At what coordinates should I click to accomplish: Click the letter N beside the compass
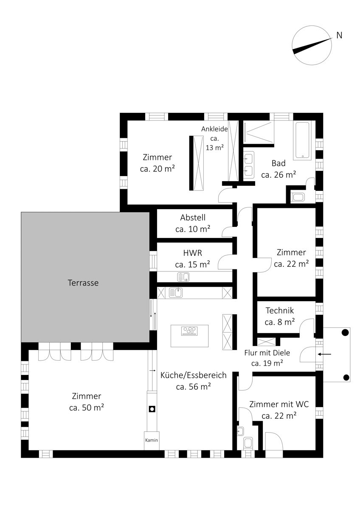[x=339, y=35]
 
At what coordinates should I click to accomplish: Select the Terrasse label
[x=83, y=283]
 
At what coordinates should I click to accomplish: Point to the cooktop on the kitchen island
[x=189, y=331]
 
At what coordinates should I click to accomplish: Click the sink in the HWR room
[x=183, y=277]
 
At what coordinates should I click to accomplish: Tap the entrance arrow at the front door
[x=324, y=354]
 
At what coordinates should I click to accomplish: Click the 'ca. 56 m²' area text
[x=194, y=386]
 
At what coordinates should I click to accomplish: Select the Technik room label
[x=280, y=310]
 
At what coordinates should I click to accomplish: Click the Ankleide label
[x=214, y=129]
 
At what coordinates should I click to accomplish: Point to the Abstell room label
[x=193, y=218]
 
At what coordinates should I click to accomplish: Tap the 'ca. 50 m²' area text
[x=87, y=408]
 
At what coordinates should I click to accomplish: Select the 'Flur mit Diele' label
[x=267, y=352]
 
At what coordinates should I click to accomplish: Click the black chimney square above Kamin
[x=152, y=409]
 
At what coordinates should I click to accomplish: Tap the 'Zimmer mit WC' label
[x=279, y=404]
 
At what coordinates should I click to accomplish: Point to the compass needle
[x=312, y=46]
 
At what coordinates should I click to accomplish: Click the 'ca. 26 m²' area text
[x=278, y=175]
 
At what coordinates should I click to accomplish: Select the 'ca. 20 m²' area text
[x=157, y=169]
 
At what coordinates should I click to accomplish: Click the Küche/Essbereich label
[x=194, y=375]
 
